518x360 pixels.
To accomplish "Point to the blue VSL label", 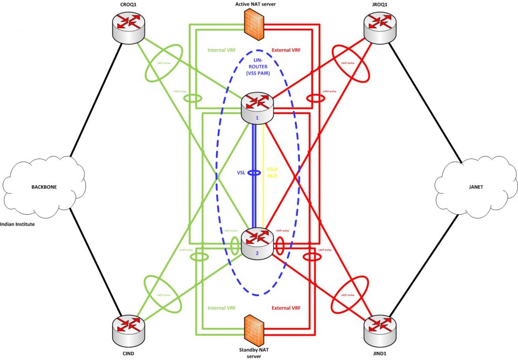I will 242,173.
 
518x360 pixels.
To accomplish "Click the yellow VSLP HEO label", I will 274,173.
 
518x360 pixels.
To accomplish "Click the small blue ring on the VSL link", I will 256,173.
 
